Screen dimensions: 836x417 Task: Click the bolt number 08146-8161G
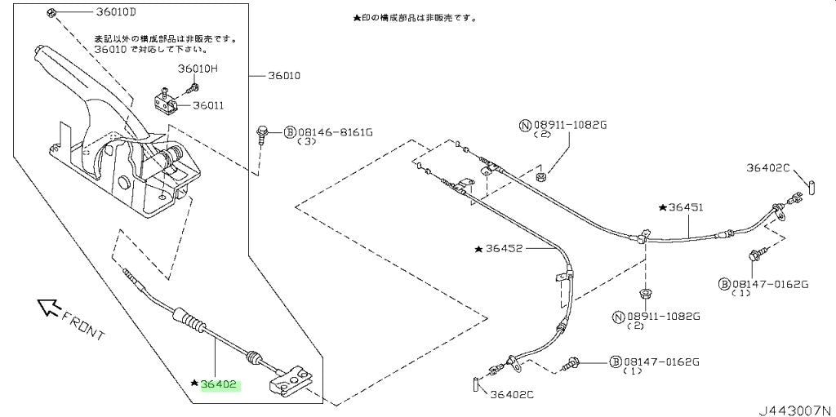tap(335, 131)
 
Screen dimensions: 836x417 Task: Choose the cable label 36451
tap(686, 207)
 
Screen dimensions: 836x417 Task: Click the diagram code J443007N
tap(797, 410)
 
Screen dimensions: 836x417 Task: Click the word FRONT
tap(84, 326)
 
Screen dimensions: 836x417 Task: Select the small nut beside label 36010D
tap(51, 11)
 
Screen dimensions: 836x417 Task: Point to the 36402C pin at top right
tap(809, 189)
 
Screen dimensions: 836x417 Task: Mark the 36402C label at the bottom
tap(512, 395)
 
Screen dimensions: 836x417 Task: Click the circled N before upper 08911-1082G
tap(525, 126)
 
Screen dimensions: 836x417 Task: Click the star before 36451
tap(663, 207)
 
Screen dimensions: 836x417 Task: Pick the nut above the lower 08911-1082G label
tap(644, 293)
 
